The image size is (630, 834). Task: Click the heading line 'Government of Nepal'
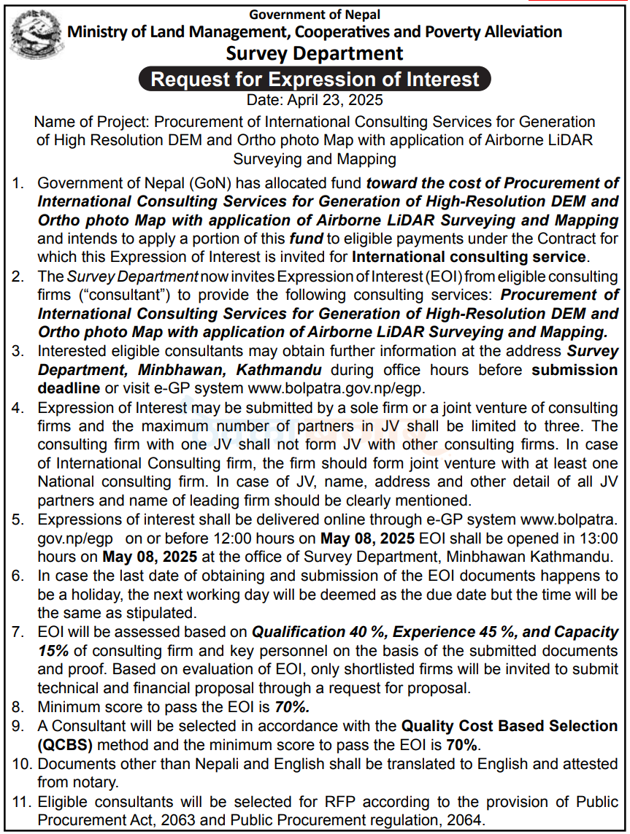pos(315,14)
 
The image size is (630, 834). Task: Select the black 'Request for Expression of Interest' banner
pos(315,79)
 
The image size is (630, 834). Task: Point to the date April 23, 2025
pos(315,100)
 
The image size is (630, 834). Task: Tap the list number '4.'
pos(18,407)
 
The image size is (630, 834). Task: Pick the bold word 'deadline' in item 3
pos(68,388)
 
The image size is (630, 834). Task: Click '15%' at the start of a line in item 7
pos(54,650)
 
